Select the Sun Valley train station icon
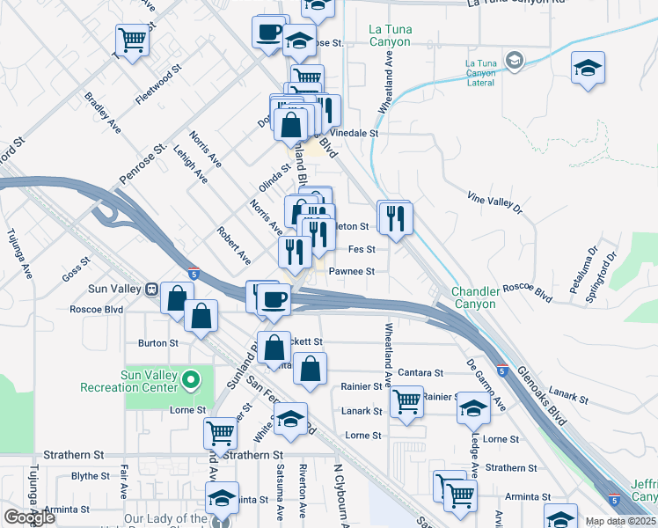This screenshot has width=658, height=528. pyautogui.click(x=151, y=288)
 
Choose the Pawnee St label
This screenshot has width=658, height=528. pyautogui.click(x=352, y=272)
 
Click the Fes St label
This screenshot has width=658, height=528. pyautogui.click(x=362, y=250)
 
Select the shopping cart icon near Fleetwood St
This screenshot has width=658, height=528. pyautogui.click(x=132, y=40)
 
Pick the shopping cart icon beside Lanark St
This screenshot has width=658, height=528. pyautogui.click(x=406, y=401)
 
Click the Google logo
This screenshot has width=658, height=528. pyautogui.click(x=29, y=517)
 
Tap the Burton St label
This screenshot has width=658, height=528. pyautogui.click(x=157, y=342)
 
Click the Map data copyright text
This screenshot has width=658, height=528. pyautogui.click(x=620, y=521)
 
